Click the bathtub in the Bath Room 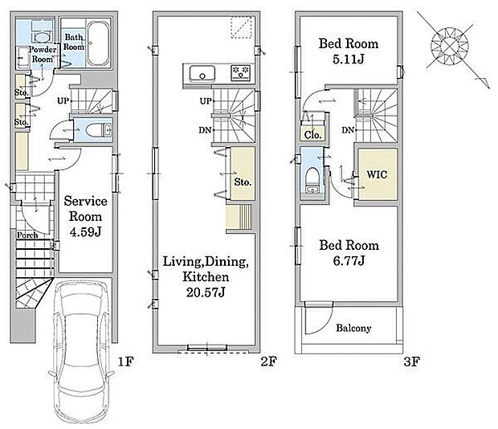[x=98, y=43]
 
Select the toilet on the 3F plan [x=312, y=180]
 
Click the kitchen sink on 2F [x=202, y=73]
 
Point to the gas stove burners [x=240, y=73]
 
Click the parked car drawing [x=81, y=352]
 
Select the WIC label [x=377, y=174]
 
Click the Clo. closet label [x=312, y=135]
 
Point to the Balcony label [x=353, y=328]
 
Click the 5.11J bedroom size [x=349, y=59]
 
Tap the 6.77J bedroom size [x=349, y=261]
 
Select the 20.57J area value [x=206, y=292]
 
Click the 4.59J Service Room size [x=85, y=232]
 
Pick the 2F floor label [x=269, y=362]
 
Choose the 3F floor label [x=412, y=362]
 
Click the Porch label [x=27, y=235]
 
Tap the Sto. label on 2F [x=243, y=182]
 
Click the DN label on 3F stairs [x=348, y=130]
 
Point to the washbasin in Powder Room [x=42, y=38]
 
